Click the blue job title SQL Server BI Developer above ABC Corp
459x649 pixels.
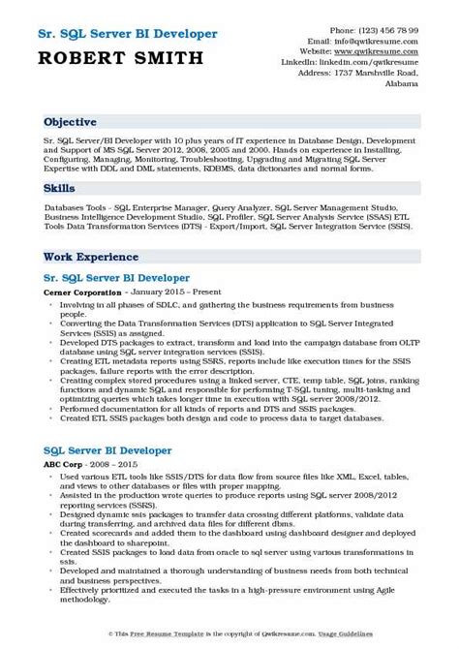(108, 450)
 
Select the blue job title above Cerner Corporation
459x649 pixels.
(116, 275)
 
